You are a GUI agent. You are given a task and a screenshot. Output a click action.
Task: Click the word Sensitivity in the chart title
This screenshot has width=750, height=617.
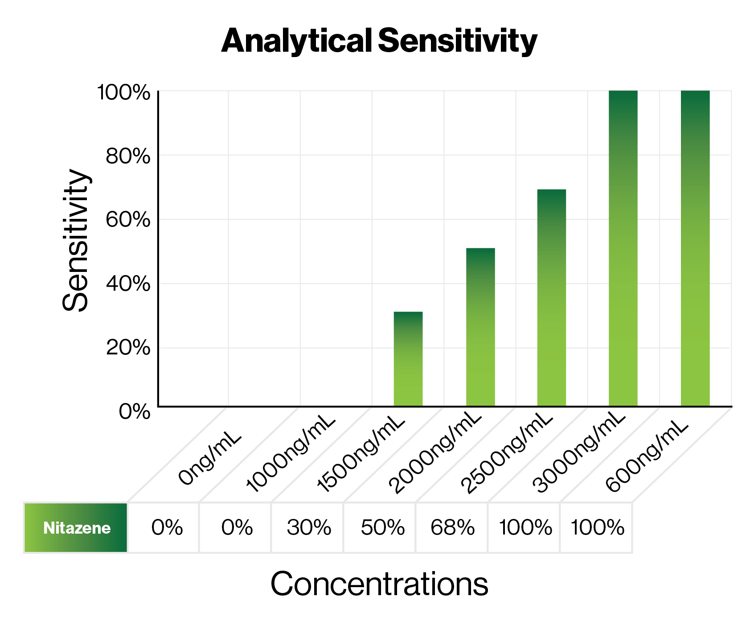[x=457, y=41]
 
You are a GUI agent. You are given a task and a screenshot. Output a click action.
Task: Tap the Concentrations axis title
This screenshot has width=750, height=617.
[x=379, y=584]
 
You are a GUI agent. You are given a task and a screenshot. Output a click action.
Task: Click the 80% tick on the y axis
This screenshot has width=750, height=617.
[x=128, y=156]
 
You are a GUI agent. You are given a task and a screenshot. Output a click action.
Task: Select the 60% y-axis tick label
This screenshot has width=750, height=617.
[x=128, y=220]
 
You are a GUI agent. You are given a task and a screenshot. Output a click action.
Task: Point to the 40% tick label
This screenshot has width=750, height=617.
[x=128, y=284]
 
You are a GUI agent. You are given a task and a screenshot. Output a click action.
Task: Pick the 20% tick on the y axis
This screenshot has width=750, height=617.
[x=128, y=348]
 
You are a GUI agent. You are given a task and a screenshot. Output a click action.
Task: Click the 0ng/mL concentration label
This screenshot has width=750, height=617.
[x=209, y=459]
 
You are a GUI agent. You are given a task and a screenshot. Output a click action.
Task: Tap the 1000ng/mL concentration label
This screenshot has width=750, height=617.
[x=290, y=454]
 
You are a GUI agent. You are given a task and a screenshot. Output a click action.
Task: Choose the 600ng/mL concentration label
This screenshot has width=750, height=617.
[x=648, y=457]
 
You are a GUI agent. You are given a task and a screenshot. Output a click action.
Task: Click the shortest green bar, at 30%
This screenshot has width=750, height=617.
[x=408, y=359]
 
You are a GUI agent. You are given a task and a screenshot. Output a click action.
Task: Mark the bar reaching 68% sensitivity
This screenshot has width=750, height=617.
[x=551, y=297]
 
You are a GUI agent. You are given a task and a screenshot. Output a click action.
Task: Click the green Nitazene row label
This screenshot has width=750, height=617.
[x=76, y=528]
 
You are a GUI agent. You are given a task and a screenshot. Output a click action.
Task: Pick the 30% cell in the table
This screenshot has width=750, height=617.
[x=308, y=528]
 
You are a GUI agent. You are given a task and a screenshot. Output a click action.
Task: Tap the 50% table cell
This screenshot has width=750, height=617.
[x=382, y=528]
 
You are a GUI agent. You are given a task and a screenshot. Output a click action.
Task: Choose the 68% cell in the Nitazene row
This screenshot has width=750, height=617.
[x=452, y=528]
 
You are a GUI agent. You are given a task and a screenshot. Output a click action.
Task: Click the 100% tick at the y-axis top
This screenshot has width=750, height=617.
[x=123, y=93]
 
